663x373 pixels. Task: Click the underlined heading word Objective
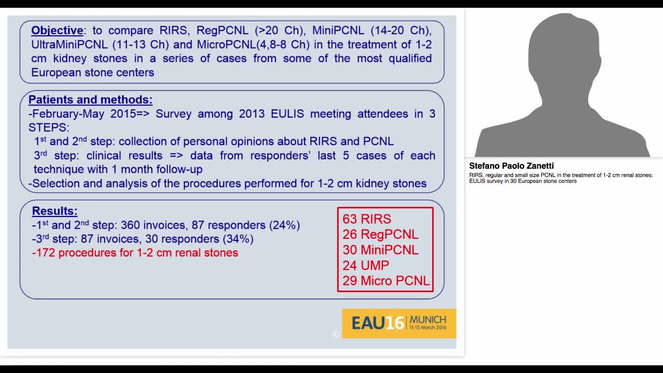point(57,31)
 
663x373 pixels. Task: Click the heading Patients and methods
point(90,100)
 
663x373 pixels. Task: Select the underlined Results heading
point(54,211)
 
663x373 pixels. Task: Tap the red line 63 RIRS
point(367,219)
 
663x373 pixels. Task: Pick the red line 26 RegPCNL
point(380,235)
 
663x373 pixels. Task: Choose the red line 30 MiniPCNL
point(380,250)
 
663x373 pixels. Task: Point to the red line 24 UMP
point(366,265)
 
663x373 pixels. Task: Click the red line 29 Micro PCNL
point(386,281)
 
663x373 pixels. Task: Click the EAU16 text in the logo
point(377,323)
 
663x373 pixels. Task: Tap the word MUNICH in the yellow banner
point(427,319)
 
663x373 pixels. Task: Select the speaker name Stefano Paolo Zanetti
point(511,166)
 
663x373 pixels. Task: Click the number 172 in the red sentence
point(45,253)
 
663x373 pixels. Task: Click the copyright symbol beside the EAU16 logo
point(336,334)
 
